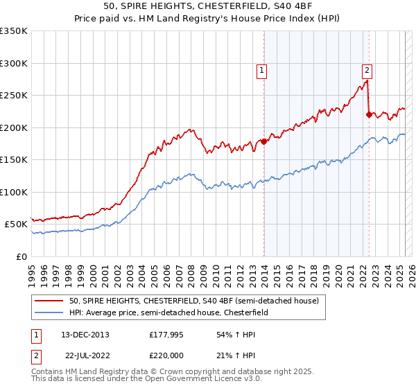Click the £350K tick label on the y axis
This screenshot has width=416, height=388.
click(x=13, y=31)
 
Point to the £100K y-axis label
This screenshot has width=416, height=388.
click(x=13, y=192)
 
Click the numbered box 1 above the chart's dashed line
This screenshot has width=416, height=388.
click(x=262, y=69)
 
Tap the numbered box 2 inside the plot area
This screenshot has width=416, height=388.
click(x=366, y=69)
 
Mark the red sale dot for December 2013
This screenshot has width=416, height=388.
click(x=264, y=142)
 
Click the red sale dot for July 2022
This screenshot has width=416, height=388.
click(x=369, y=115)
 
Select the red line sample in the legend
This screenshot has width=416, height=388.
click(x=49, y=301)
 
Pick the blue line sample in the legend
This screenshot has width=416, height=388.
click(x=49, y=312)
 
